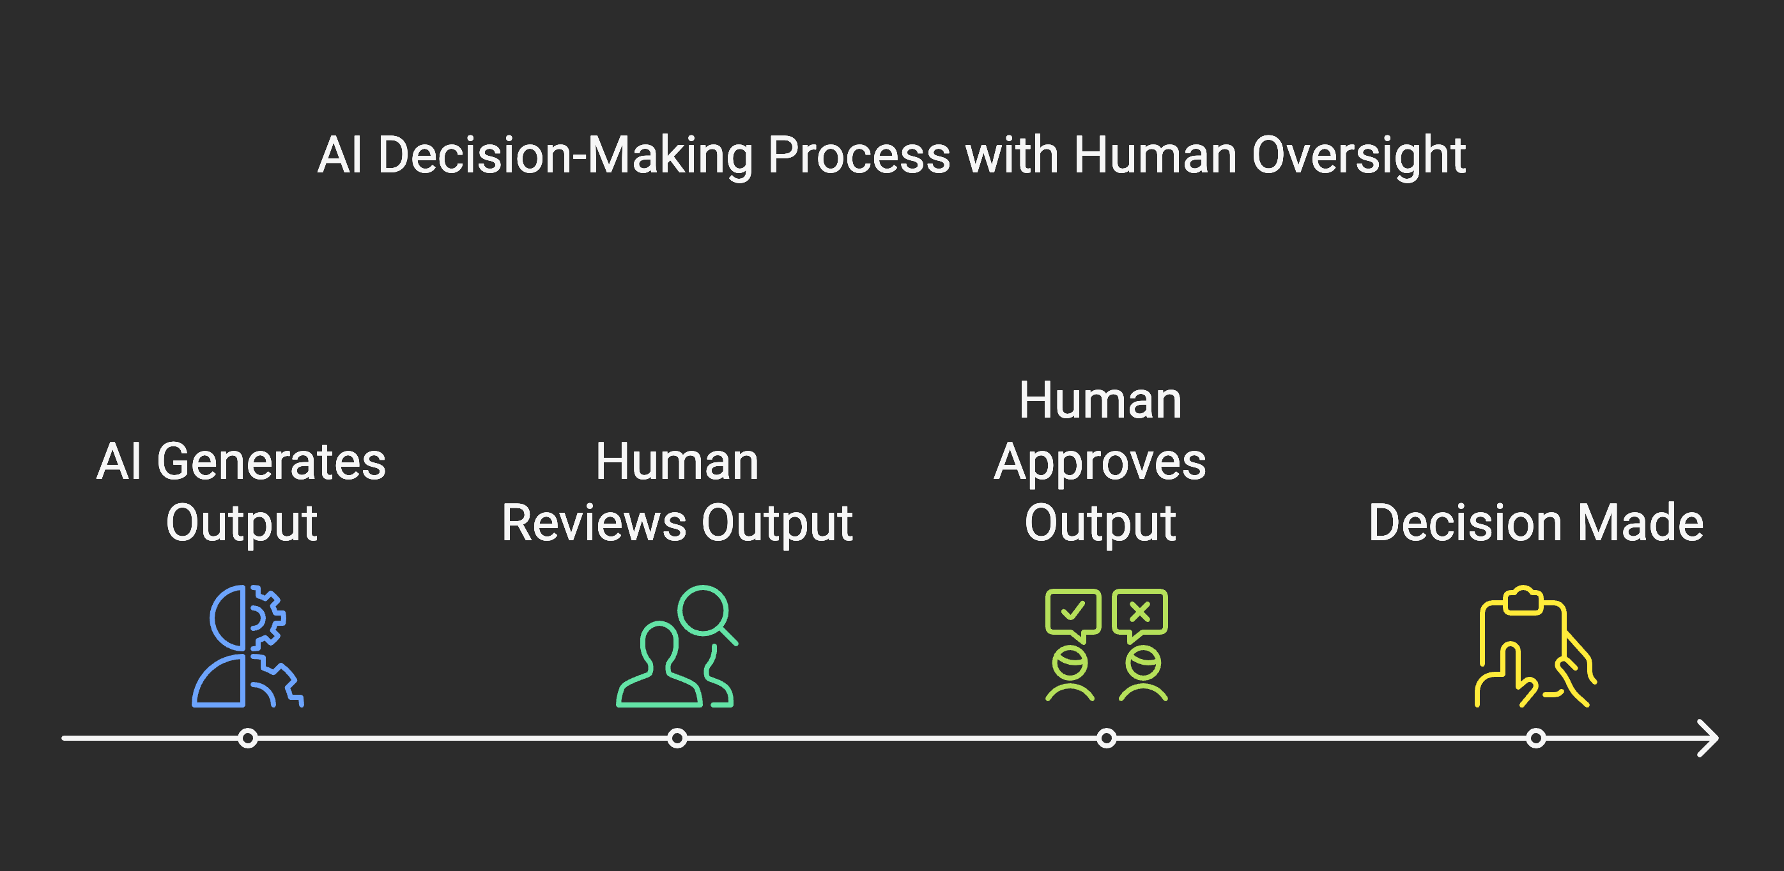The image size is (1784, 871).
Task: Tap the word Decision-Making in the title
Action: coord(565,156)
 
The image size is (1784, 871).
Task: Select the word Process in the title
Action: coord(859,156)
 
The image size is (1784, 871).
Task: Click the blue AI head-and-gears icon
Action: coord(247,646)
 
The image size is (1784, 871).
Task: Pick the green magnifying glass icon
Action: coord(707,613)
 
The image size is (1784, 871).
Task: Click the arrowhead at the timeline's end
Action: coord(1709,738)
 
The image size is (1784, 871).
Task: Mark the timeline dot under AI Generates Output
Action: coord(247,738)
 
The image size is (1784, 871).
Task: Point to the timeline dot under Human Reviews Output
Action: coord(677,738)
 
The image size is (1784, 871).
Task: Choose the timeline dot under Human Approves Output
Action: coord(1106,738)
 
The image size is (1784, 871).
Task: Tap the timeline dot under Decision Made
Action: coord(1535,738)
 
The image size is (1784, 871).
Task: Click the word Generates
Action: coord(271,462)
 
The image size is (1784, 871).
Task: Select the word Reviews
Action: coord(595,523)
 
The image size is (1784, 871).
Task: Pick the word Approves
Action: coord(1100,463)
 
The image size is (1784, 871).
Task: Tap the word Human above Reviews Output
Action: coord(677,462)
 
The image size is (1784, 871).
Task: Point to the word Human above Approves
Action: coord(1100,401)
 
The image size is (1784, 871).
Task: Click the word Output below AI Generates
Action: coord(242,524)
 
